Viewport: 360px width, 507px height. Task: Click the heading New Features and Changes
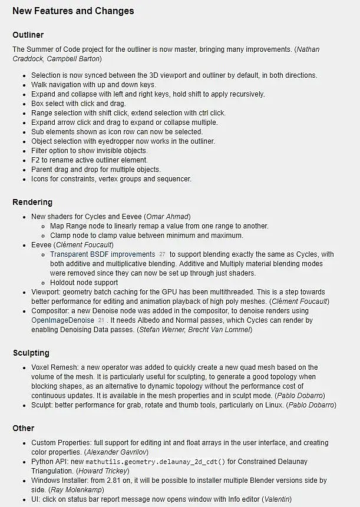(x=73, y=11)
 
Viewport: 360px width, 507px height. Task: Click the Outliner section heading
(x=28, y=35)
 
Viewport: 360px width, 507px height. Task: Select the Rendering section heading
(x=32, y=202)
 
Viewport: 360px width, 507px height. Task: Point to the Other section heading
(x=24, y=428)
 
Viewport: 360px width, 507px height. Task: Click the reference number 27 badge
(x=162, y=254)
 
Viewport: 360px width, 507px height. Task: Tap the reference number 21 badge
(x=101, y=320)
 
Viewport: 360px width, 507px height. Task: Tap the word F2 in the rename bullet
(x=36, y=160)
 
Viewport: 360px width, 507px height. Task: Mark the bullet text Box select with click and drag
(x=78, y=104)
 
